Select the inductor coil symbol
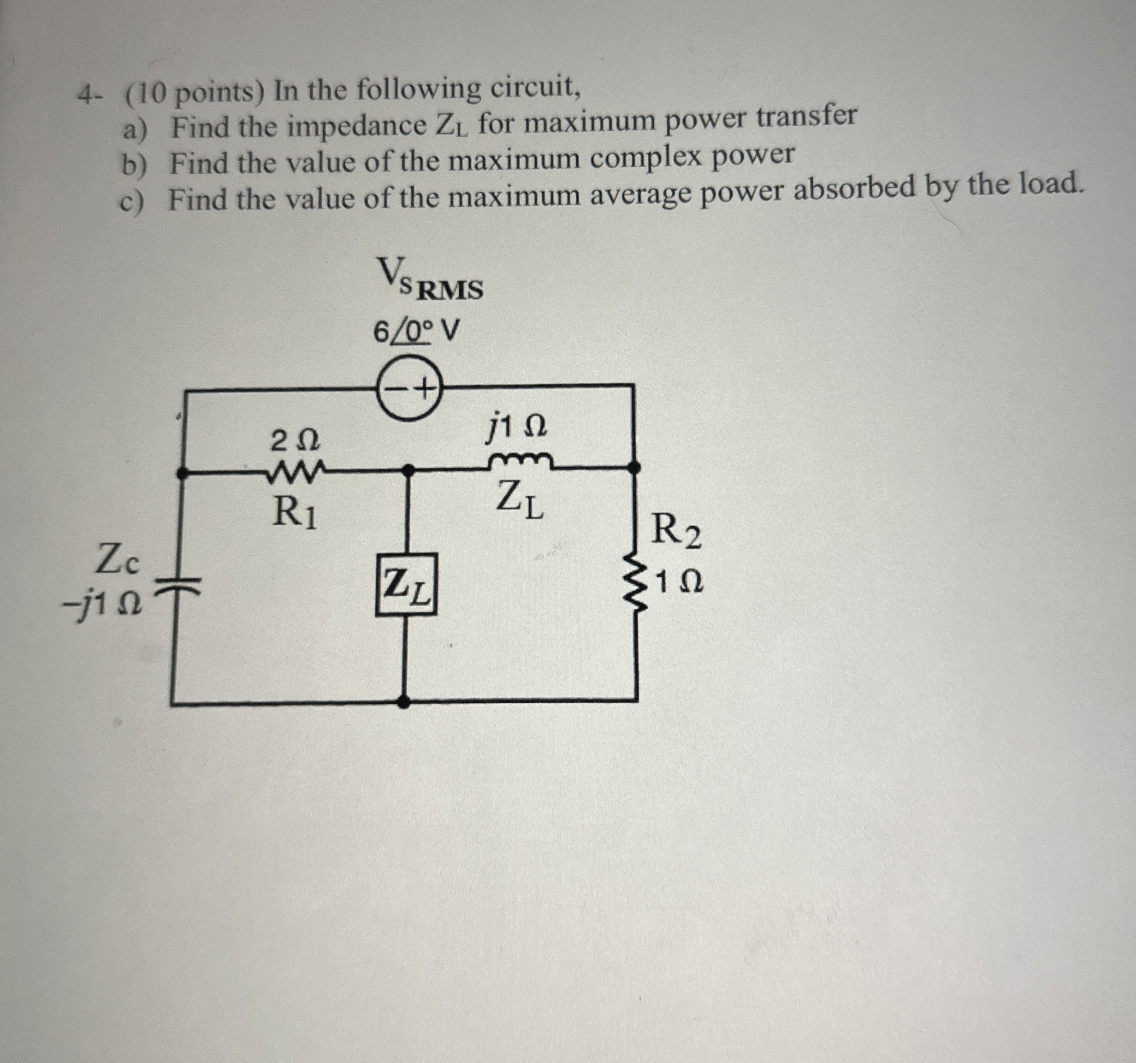coord(521,461)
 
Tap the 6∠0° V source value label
coord(415,331)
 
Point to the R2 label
coord(676,531)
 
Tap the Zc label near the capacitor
coord(117,561)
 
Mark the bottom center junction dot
coord(403,702)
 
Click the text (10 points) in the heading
coord(194,91)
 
